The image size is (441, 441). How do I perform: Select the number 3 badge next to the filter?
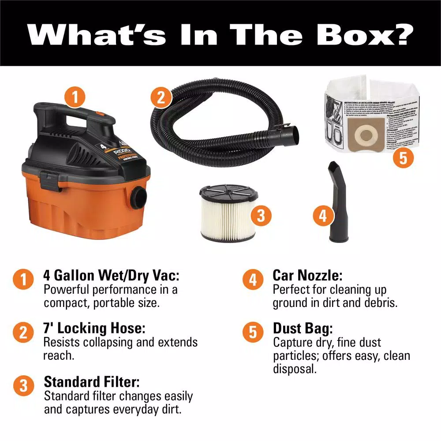261,216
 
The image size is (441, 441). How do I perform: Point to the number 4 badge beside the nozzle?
323,216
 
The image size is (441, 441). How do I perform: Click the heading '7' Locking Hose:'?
94,329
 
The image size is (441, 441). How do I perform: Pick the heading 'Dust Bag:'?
303,329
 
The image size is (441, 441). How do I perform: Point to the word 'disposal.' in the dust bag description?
295,369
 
